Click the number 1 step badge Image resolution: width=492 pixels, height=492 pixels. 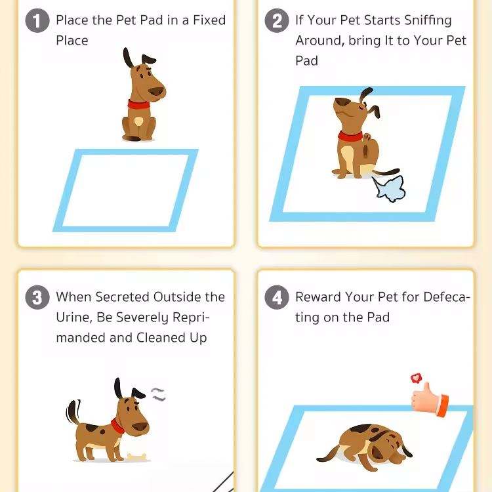(37, 21)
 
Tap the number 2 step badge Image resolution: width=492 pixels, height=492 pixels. (276, 21)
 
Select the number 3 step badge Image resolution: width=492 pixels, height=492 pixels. (37, 297)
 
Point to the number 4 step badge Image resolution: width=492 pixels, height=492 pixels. (276, 297)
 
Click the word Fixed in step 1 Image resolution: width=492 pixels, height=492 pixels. (209, 20)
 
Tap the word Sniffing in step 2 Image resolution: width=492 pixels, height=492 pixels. (428, 21)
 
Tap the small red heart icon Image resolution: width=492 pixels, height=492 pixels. (416, 378)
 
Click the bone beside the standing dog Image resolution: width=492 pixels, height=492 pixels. (137, 457)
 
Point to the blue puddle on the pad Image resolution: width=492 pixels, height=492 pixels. (389, 188)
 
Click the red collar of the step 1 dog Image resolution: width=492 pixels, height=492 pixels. (138, 105)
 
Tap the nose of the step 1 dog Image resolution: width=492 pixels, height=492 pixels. (157, 92)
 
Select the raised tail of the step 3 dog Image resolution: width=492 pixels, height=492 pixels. (73, 412)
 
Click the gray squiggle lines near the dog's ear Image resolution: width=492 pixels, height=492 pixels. (158, 394)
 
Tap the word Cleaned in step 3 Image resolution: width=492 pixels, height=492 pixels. (161, 338)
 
